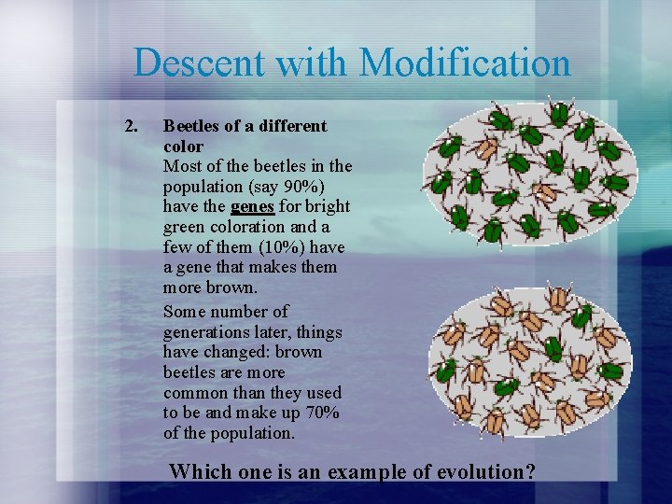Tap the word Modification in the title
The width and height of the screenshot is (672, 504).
464,63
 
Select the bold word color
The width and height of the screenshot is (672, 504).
183,147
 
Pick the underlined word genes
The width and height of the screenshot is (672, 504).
252,206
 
